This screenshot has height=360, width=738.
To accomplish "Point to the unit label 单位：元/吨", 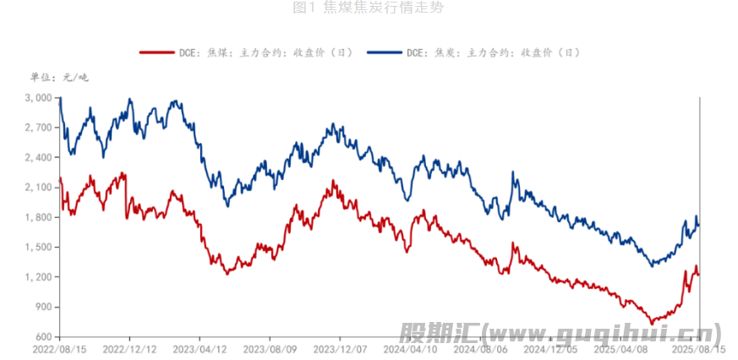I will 58,78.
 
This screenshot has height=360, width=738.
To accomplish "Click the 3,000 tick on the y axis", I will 39,98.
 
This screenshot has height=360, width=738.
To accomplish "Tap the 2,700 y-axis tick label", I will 39,128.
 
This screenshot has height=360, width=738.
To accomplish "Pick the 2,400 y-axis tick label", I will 39,157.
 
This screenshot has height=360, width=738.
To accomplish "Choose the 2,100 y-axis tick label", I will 39,188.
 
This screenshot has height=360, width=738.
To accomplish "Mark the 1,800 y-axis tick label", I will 39,217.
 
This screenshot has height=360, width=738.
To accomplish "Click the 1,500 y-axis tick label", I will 39,248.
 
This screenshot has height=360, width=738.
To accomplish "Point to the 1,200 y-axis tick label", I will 39,277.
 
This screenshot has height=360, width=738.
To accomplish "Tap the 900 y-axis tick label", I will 44,307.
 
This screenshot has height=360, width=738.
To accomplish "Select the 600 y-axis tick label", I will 44,337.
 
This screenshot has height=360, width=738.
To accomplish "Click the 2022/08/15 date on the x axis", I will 60,348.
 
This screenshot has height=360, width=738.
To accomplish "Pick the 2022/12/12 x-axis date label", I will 129,348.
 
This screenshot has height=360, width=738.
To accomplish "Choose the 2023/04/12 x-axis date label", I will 200,348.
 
